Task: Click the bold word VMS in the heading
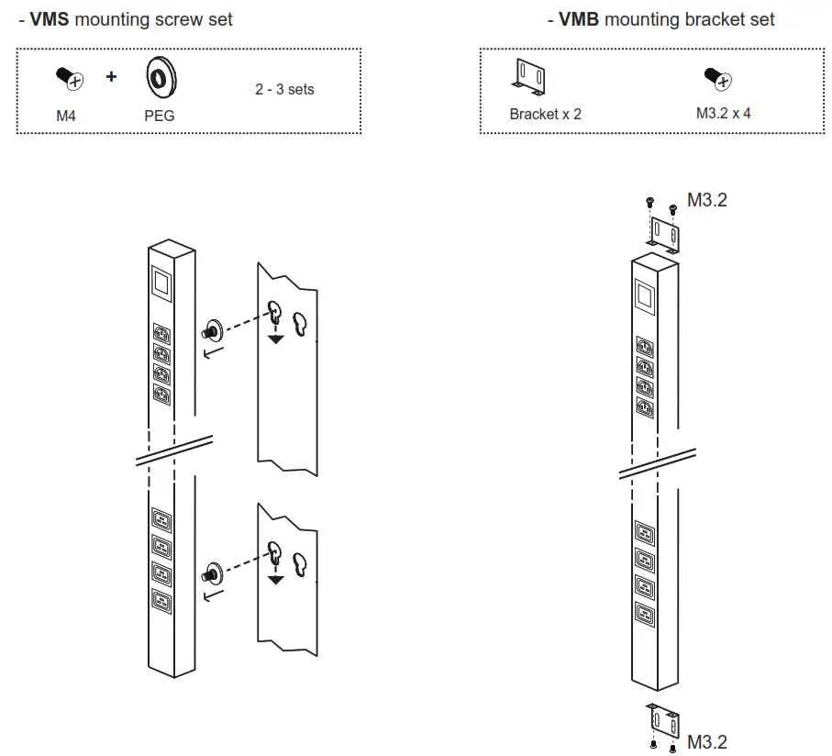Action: click(x=50, y=19)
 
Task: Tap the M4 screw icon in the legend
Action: click(x=70, y=79)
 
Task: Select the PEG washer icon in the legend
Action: click(x=159, y=79)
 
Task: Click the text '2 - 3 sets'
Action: click(x=284, y=90)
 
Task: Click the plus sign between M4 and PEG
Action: click(x=111, y=77)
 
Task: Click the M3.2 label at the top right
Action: click(x=707, y=200)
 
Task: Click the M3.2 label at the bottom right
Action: click(x=707, y=741)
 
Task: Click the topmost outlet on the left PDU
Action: click(x=161, y=335)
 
